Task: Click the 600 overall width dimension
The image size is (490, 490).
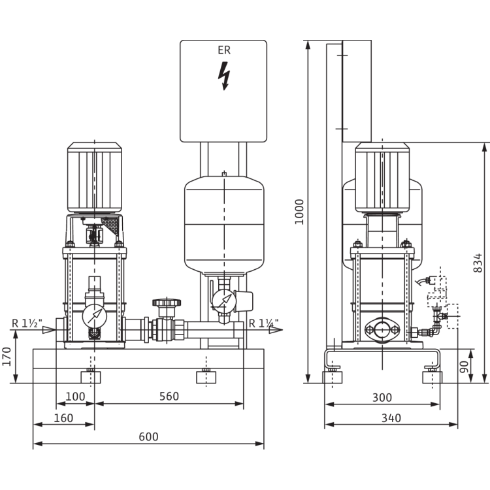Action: click(148, 437)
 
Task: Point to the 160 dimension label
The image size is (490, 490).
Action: click(63, 417)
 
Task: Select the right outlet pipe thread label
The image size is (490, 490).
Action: click(263, 321)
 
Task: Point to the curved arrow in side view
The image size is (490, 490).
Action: click(421, 281)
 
